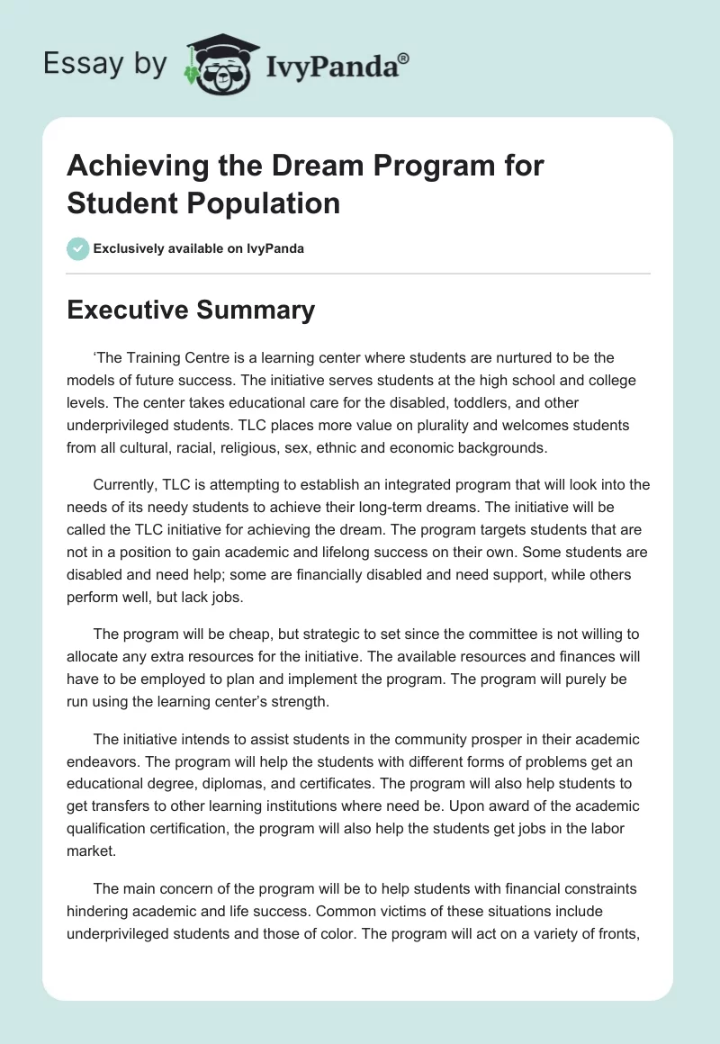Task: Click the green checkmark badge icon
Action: pos(78,248)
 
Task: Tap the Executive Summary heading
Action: pos(191,310)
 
